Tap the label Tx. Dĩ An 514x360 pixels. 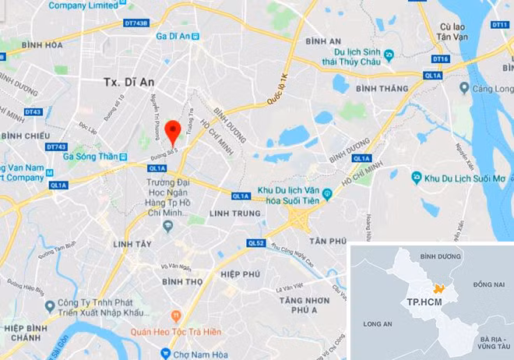(x=129, y=81)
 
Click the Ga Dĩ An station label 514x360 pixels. (x=173, y=36)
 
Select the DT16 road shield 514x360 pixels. (x=441, y=58)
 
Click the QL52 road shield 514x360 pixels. (x=256, y=242)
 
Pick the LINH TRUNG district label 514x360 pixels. (x=234, y=213)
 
